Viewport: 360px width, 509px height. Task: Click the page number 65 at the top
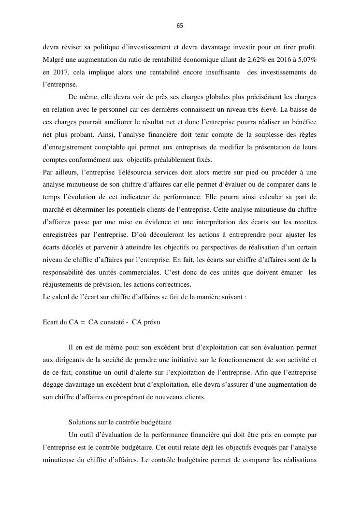180,26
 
